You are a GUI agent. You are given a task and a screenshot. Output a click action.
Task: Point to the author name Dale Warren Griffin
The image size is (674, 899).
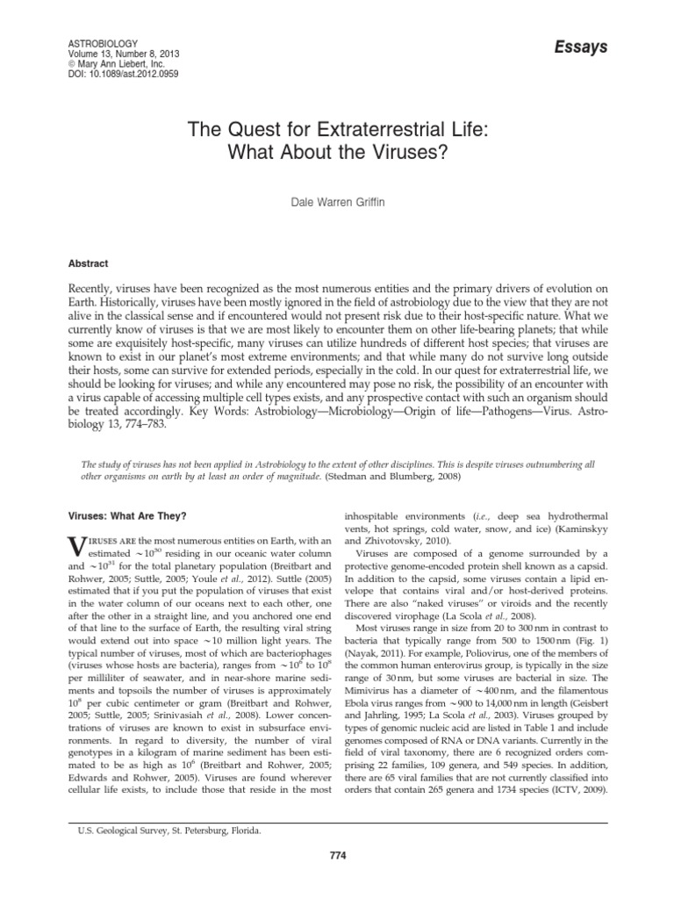pos(337,201)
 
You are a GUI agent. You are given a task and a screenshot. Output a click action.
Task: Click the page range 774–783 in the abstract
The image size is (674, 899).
pos(135,426)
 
